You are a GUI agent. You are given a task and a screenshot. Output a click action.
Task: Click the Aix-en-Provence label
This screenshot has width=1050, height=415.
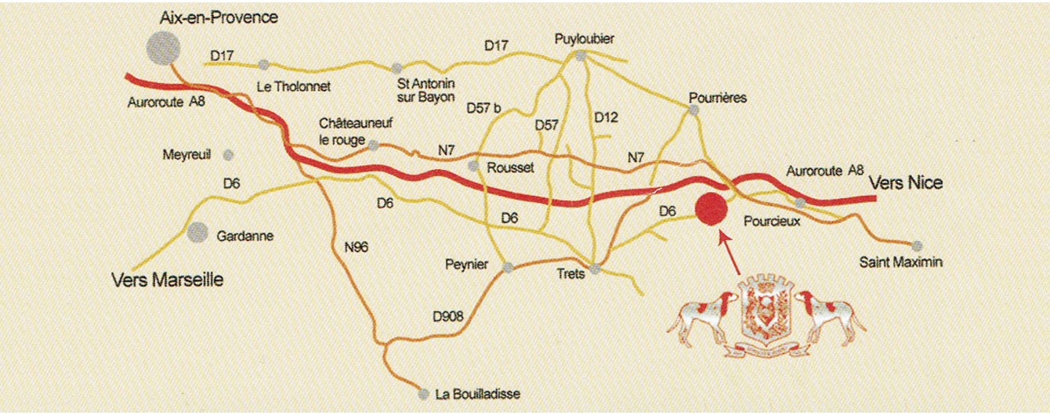(x=218, y=17)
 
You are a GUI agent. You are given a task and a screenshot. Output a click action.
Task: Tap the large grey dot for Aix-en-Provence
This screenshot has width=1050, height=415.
(x=163, y=48)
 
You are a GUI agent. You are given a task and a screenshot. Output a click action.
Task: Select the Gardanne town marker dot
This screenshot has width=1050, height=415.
(x=197, y=232)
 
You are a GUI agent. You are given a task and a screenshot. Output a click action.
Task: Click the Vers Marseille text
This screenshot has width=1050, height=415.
(x=168, y=280)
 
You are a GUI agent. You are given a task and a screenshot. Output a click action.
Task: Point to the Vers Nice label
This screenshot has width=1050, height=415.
(x=906, y=183)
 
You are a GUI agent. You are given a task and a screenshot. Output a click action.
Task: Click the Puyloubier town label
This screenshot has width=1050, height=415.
(x=581, y=38)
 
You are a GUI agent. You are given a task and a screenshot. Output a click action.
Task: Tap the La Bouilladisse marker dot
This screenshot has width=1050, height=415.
(x=424, y=394)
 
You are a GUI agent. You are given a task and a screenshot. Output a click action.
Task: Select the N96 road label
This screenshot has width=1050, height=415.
(x=357, y=247)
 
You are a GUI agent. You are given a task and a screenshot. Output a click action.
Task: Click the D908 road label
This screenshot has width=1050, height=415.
(x=449, y=316)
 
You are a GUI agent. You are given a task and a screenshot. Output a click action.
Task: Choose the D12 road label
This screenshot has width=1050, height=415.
(x=606, y=117)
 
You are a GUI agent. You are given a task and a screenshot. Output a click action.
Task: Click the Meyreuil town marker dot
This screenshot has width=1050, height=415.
(x=229, y=154)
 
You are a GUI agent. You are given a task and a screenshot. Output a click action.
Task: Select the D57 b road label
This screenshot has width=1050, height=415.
(x=483, y=107)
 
